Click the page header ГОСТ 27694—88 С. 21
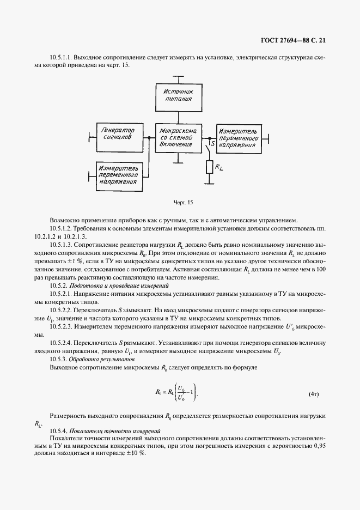292,40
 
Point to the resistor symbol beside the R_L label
209,168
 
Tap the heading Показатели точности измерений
115,430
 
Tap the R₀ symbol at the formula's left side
158,392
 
